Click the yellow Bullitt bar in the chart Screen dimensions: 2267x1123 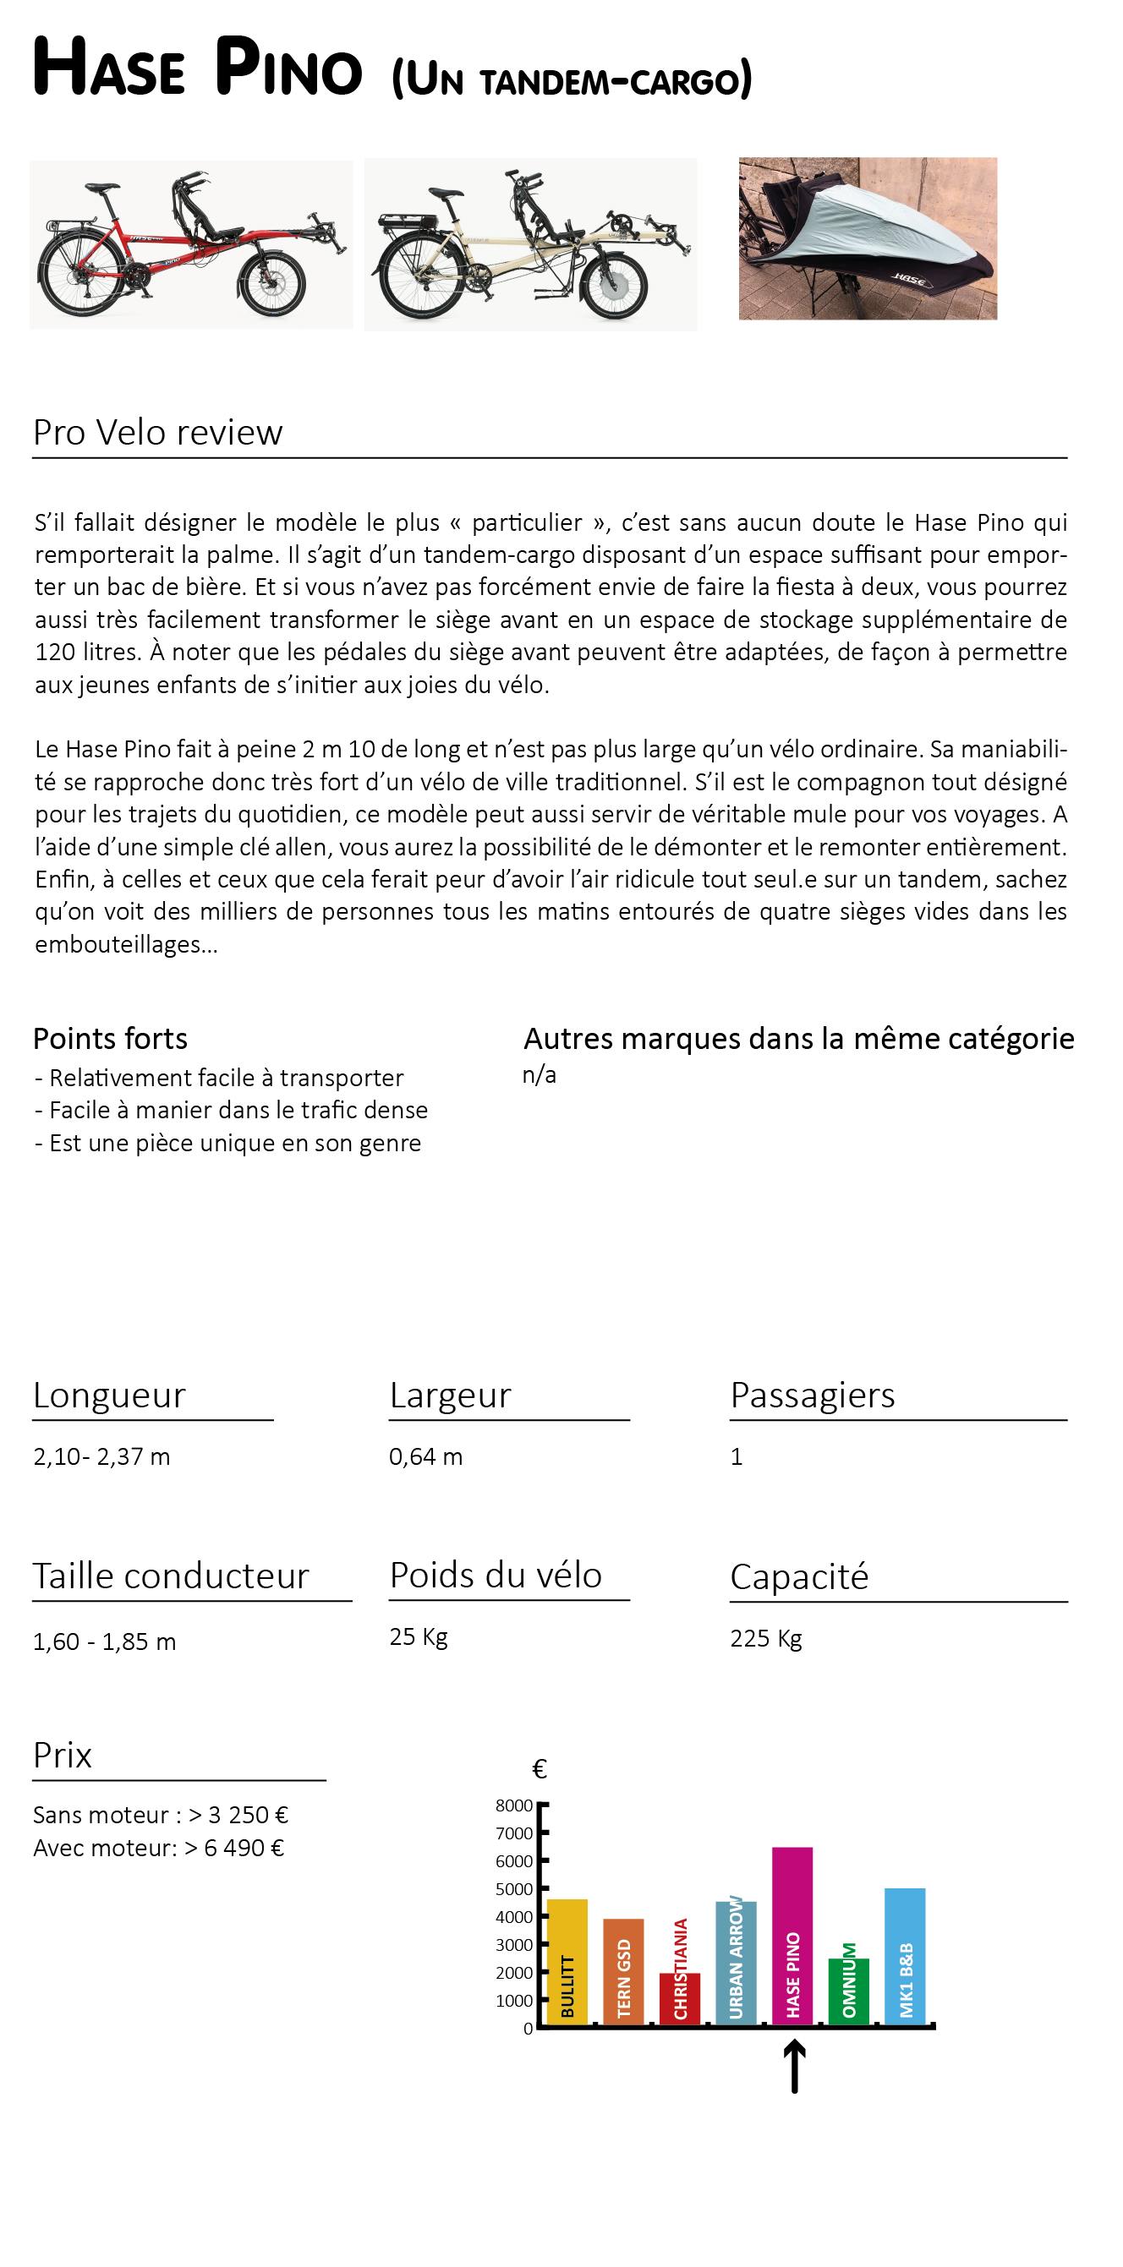[x=567, y=1961]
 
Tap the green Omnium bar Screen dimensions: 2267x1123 [x=848, y=1991]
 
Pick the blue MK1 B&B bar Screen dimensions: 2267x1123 [x=905, y=1955]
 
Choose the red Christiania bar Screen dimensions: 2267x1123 [x=679, y=1997]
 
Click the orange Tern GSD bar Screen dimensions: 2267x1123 [x=623, y=1971]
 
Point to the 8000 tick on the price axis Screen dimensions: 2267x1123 [x=515, y=1805]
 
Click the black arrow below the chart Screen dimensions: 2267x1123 [x=794, y=2066]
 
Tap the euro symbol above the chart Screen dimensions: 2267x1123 [x=540, y=1769]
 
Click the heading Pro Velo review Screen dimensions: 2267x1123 [x=157, y=432]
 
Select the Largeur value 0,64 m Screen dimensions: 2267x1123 [x=426, y=1456]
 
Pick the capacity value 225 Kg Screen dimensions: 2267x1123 [x=765, y=1638]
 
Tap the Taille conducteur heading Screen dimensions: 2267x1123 [x=171, y=1576]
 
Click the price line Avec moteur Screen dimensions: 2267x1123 [x=158, y=1847]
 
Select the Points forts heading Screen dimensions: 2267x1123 [x=110, y=1039]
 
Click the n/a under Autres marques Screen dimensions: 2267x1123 [x=539, y=1074]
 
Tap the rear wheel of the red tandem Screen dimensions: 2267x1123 [x=76, y=279]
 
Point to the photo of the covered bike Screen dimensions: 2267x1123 [x=868, y=238]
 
